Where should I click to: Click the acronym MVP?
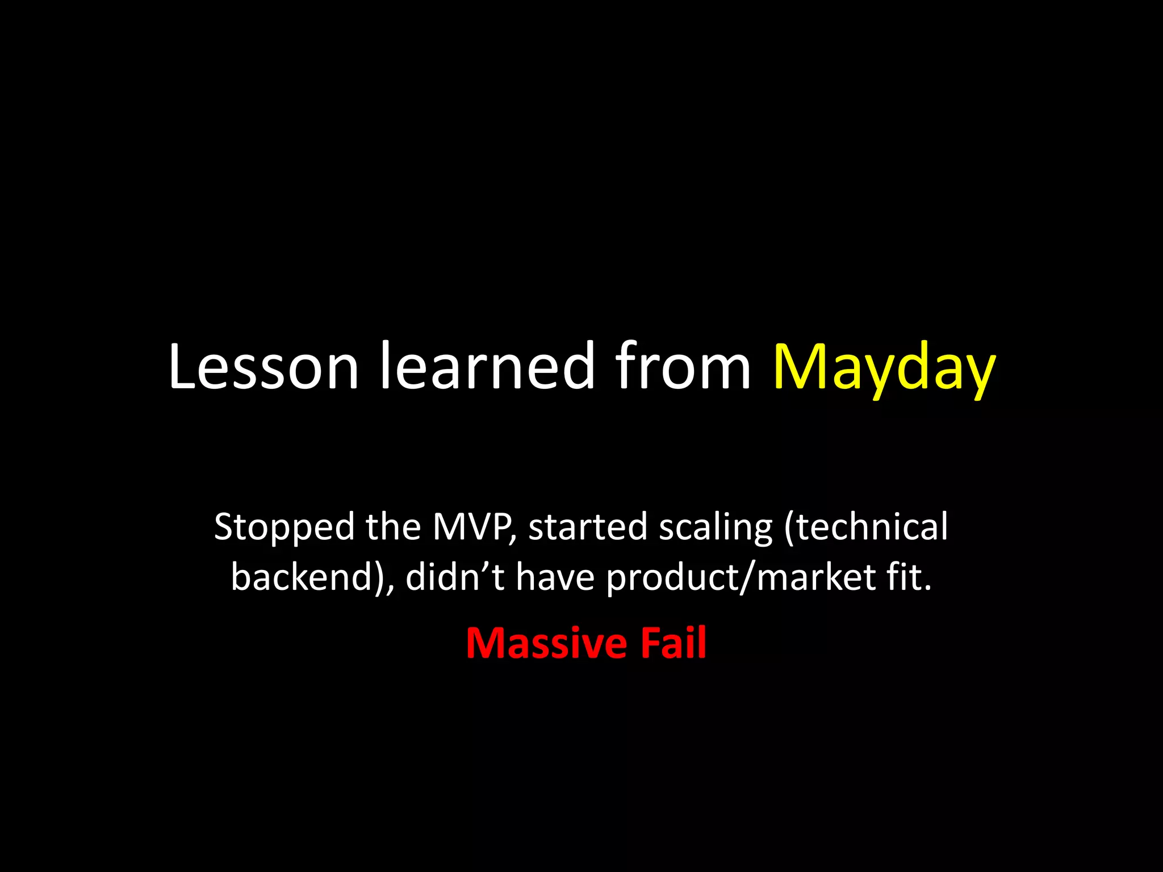pos(471,527)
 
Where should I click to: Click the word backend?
pos(307,577)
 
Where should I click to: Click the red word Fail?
pos(673,643)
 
